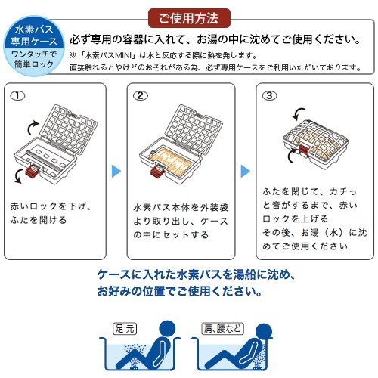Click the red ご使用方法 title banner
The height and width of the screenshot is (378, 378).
pos(189,18)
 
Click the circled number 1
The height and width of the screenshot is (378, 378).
pos(17,96)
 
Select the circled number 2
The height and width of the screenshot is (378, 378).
pos(141,96)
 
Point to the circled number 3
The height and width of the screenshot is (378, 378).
pos(269,96)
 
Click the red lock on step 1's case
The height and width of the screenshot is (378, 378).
pos(32,171)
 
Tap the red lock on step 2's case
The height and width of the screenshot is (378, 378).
pos(157,171)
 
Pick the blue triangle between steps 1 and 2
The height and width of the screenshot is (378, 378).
pos(116,172)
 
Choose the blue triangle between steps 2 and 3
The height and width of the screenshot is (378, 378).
pos(246,172)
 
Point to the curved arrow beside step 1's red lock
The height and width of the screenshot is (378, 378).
pos(17,176)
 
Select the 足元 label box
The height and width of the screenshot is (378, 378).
pos(125,329)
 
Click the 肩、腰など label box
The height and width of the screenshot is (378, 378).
pos(223,329)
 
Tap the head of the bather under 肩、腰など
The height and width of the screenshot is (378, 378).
pos(264,331)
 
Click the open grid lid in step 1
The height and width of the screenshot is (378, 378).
pos(69,130)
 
